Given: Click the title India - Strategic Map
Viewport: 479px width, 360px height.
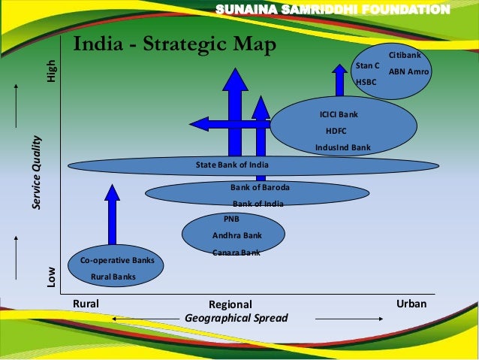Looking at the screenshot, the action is pos(174,44).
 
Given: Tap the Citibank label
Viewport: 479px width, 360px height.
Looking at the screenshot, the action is pos(405,56).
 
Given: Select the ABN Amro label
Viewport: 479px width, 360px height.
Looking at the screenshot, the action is pos(408,71).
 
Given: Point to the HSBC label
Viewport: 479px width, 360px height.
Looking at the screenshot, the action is pos(366,83).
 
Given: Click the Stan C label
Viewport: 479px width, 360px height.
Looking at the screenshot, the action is pos(367,66).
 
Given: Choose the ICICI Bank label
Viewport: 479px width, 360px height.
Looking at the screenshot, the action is pos(339,114).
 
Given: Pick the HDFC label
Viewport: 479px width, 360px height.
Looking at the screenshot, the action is pos(335,131).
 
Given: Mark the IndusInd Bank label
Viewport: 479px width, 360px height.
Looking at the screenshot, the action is pos(343,147).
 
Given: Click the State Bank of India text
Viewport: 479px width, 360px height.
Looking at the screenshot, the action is pos(232,165).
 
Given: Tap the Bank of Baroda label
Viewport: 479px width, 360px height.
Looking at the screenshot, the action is pos(260,186).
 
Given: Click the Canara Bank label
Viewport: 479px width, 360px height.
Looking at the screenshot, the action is pos(236,253).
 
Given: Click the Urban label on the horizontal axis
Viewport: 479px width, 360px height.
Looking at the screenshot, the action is pos(411,303).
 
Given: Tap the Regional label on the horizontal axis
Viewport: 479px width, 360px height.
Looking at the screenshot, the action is pos(231,304).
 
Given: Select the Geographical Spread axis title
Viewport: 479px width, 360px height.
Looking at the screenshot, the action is pos(236,319).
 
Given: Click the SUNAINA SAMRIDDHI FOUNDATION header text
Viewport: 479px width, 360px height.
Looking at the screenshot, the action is pos(333,9).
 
